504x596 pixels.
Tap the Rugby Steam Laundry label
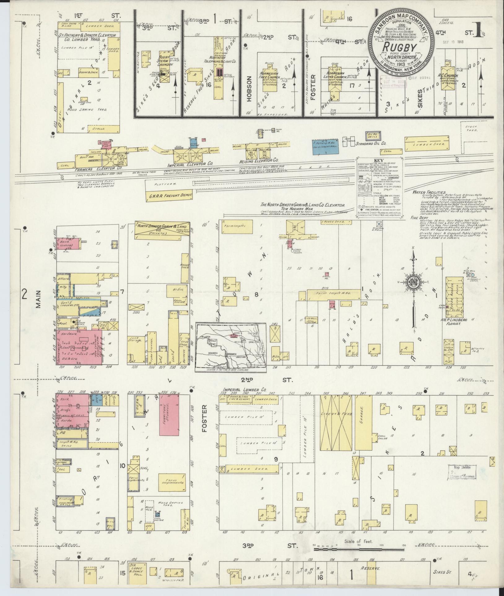point(163,61)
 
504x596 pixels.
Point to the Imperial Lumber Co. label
point(244,390)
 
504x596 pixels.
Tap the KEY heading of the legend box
point(379,161)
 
